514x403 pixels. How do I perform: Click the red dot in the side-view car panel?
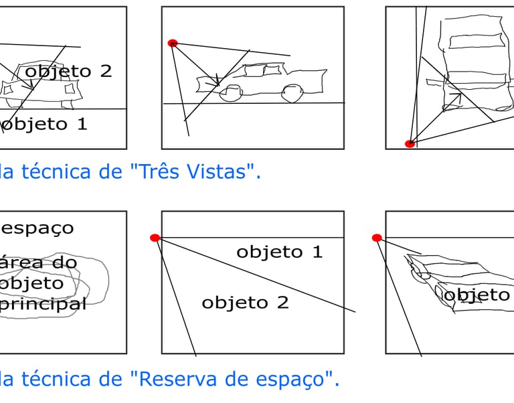pyautogui.click(x=173, y=43)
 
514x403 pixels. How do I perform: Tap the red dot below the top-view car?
pyautogui.click(x=410, y=143)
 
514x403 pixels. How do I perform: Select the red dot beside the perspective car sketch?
pyautogui.click(x=377, y=238)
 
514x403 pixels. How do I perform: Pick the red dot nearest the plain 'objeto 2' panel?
pyautogui.click(x=155, y=238)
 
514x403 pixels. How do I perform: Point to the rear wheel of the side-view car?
pyautogui.click(x=291, y=92)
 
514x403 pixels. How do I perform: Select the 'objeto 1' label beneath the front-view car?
pyautogui.click(x=44, y=125)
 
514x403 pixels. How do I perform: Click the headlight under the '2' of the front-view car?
pyautogui.click(x=70, y=89)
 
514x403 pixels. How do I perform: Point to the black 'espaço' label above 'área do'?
pyautogui.click(x=37, y=229)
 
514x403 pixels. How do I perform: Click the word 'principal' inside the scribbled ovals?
pyautogui.click(x=43, y=304)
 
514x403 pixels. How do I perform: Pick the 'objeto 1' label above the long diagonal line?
pyautogui.click(x=279, y=252)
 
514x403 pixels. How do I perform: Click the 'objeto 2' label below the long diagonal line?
pyautogui.click(x=245, y=303)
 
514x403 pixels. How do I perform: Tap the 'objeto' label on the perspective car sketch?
pyautogui.click(x=476, y=295)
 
